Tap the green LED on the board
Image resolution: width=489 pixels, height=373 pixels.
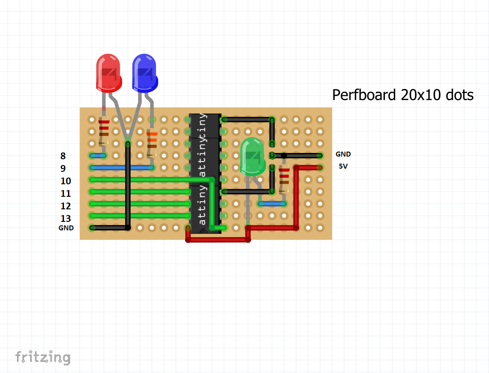tap(253, 157)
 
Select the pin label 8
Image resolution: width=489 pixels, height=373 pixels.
tap(63, 156)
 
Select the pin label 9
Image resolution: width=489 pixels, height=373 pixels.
tap(63, 169)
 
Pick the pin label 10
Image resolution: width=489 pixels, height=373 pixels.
tap(66, 181)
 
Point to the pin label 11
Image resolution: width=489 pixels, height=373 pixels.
tap(66, 194)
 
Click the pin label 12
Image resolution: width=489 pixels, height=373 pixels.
tap(66, 206)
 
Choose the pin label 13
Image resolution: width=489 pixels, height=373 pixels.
tap(66, 219)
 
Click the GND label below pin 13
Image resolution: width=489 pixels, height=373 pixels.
tap(66, 228)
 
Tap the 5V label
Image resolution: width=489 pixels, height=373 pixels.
tap(343, 166)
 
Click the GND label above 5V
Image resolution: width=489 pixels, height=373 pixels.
tap(343, 154)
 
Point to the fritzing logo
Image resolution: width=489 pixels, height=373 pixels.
tap(43, 357)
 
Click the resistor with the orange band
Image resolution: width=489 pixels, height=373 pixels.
tap(152, 140)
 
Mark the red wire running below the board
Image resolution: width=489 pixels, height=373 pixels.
tap(218, 240)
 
